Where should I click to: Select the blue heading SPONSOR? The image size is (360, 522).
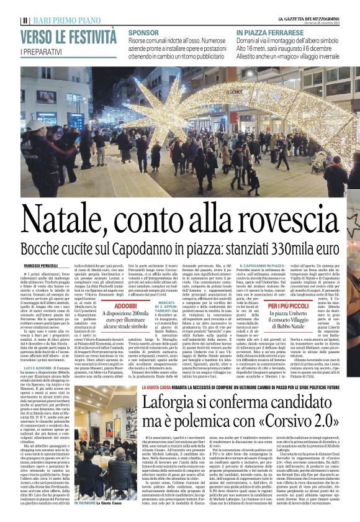point(143,32)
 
